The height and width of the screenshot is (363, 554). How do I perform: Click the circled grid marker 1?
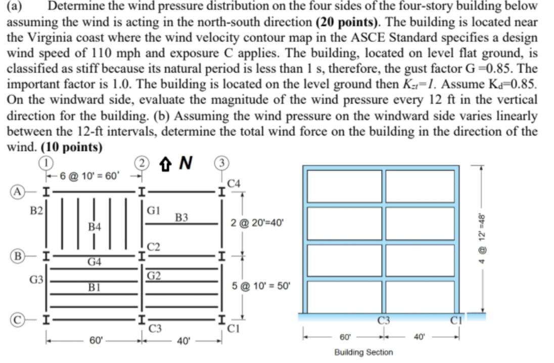(46, 163)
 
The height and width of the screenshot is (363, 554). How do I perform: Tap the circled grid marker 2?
(142, 163)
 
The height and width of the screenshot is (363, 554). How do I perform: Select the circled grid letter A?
(19, 192)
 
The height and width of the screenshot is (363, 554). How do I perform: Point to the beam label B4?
(94, 227)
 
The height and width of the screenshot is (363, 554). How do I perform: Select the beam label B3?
(181, 218)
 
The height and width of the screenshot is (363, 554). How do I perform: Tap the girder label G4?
(94, 262)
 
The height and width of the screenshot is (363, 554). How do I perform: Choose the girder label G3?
(35, 278)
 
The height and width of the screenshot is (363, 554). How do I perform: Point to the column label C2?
(154, 247)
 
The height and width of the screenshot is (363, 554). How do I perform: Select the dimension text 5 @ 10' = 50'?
(261, 286)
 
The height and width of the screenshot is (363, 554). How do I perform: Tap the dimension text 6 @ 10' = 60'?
(89, 176)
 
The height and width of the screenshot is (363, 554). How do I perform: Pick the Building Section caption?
(363, 352)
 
